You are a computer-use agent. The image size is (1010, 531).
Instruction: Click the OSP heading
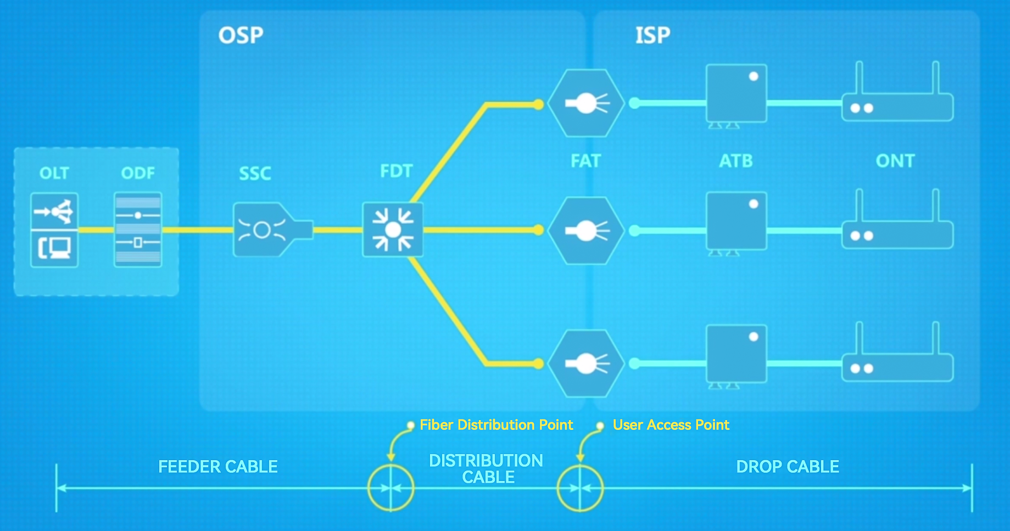coord(241,35)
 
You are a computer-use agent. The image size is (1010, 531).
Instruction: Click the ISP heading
coord(652,35)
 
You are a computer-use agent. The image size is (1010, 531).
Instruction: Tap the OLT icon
coord(54,230)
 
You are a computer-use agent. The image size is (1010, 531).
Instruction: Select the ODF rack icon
coord(138,230)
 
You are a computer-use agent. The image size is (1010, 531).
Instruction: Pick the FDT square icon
coord(393,230)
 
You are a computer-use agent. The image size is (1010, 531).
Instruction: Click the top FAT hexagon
coord(586,103)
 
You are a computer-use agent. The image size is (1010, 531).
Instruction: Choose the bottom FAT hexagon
coord(586,364)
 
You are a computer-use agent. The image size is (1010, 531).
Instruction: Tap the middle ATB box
coord(736,221)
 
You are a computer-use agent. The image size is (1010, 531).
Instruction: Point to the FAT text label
coord(585,161)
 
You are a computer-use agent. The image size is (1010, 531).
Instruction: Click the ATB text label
coord(736,161)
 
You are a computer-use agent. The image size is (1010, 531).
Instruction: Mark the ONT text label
coord(895,161)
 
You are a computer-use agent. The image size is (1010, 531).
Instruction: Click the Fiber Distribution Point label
coord(496,425)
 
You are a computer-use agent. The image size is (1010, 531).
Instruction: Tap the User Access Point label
coord(671,425)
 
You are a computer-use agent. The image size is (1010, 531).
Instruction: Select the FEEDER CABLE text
coord(218,467)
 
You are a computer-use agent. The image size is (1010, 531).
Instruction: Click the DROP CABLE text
coord(788,467)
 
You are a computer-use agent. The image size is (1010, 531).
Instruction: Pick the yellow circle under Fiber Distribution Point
coord(390,488)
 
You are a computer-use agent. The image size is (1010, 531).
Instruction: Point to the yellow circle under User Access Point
coord(580,488)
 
